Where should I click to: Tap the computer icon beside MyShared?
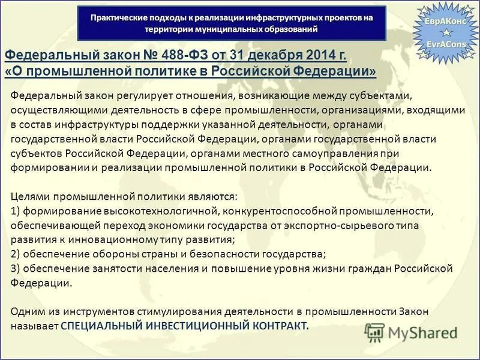pos(374,332)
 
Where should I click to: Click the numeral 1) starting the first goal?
pos(16,211)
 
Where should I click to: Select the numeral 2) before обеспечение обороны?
pos(16,254)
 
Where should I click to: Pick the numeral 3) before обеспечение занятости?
pos(16,268)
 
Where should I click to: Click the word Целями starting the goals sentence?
pos(31,197)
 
